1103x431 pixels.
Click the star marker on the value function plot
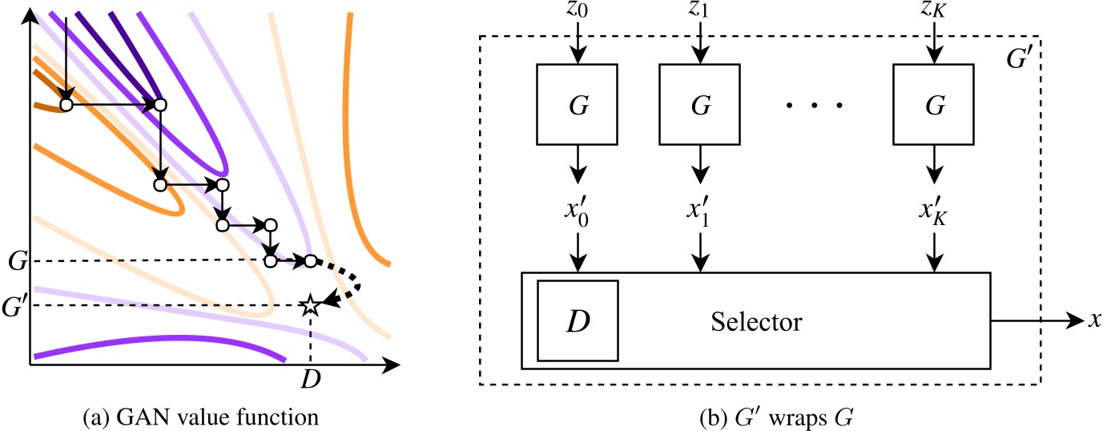(x=309, y=305)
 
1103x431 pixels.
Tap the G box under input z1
(x=701, y=105)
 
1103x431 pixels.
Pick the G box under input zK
(x=934, y=105)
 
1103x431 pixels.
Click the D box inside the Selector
(x=578, y=321)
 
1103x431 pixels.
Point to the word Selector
(x=756, y=322)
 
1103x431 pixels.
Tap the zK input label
(x=934, y=11)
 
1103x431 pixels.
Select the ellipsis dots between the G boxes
(x=815, y=106)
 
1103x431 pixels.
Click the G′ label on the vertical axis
(x=14, y=305)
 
